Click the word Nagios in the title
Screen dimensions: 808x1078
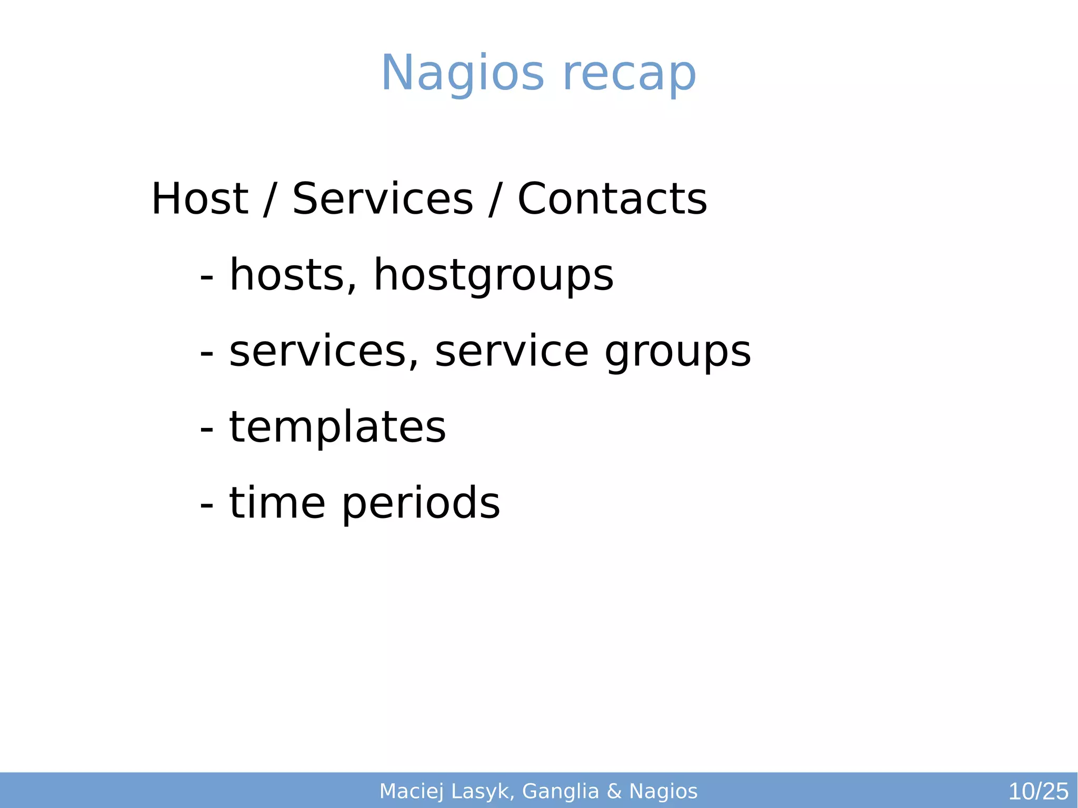pos(462,74)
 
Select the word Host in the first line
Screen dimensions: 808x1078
pos(199,199)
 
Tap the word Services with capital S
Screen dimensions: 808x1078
pos(383,199)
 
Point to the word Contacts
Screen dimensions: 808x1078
pos(612,199)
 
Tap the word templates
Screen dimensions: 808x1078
pos(337,427)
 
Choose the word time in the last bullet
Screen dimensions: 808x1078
pos(277,503)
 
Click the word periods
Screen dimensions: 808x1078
pos(421,504)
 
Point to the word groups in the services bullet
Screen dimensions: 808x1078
pos(677,353)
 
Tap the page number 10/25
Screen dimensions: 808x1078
pos(1038,791)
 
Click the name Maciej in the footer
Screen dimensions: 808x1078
pos(412,791)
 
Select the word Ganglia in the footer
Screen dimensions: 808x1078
pos(561,791)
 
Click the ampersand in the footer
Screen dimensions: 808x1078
pos(614,791)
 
